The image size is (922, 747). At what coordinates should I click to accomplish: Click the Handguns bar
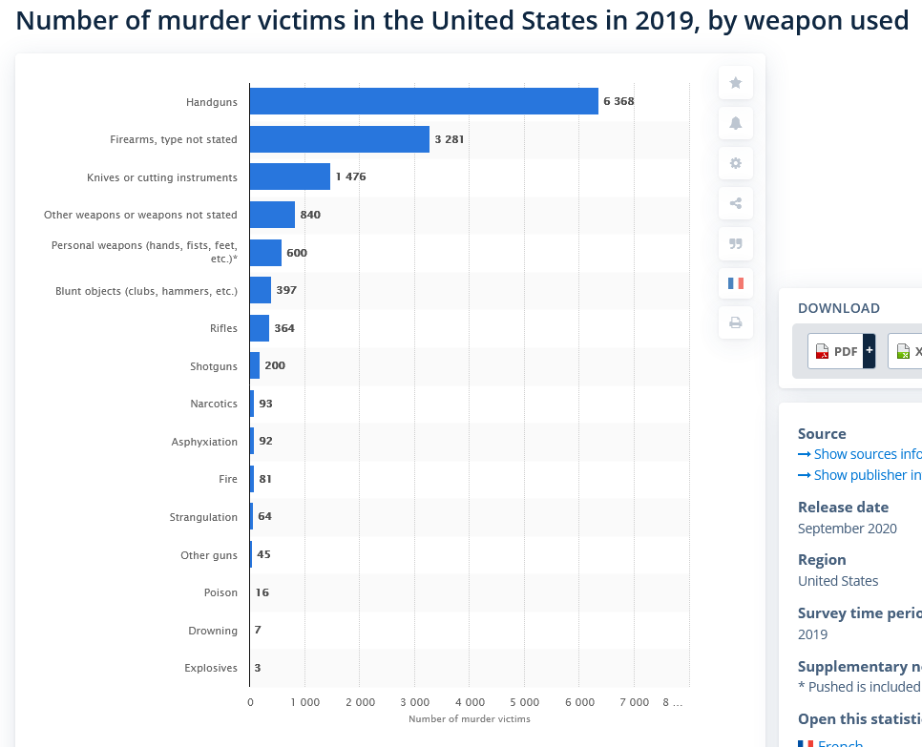coord(424,101)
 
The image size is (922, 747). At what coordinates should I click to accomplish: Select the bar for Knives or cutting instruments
coord(290,176)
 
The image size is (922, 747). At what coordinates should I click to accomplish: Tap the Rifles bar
coord(260,328)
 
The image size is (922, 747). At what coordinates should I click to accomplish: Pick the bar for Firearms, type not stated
coord(340,139)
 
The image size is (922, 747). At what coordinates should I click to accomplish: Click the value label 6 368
coord(618,101)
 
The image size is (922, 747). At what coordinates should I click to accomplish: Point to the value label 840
coord(310,215)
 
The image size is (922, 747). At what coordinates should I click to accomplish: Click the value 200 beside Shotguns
coord(275,365)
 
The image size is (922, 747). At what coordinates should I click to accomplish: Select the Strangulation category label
coord(203,517)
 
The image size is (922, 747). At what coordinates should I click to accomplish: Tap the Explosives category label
coord(211,668)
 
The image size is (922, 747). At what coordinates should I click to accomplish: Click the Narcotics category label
coord(214,404)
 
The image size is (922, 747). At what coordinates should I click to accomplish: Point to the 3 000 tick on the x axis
coord(414,702)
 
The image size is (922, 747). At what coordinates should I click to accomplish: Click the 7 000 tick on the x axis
coord(634,702)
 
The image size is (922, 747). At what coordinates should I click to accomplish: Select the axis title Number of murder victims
coord(469,718)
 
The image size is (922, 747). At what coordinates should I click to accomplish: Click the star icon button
coord(736,83)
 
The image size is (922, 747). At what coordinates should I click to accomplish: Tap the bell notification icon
coord(736,123)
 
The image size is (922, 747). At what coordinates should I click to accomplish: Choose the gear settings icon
coord(736,163)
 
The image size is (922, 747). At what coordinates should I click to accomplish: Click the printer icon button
coord(736,322)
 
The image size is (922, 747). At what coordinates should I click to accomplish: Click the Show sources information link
coord(860,454)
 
